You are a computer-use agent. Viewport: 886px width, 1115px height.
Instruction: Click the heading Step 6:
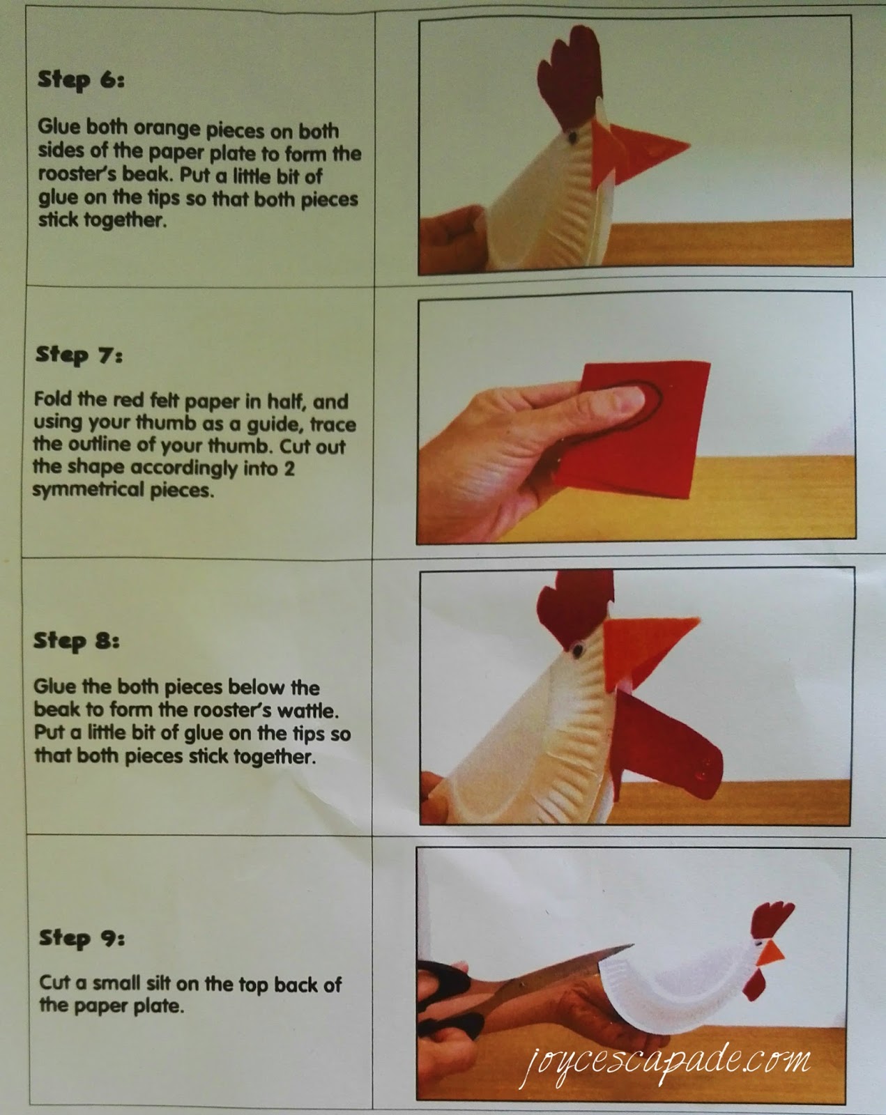(80, 79)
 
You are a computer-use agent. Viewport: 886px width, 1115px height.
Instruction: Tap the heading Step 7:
(79, 355)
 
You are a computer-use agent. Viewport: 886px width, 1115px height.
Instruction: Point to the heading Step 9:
(82, 938)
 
